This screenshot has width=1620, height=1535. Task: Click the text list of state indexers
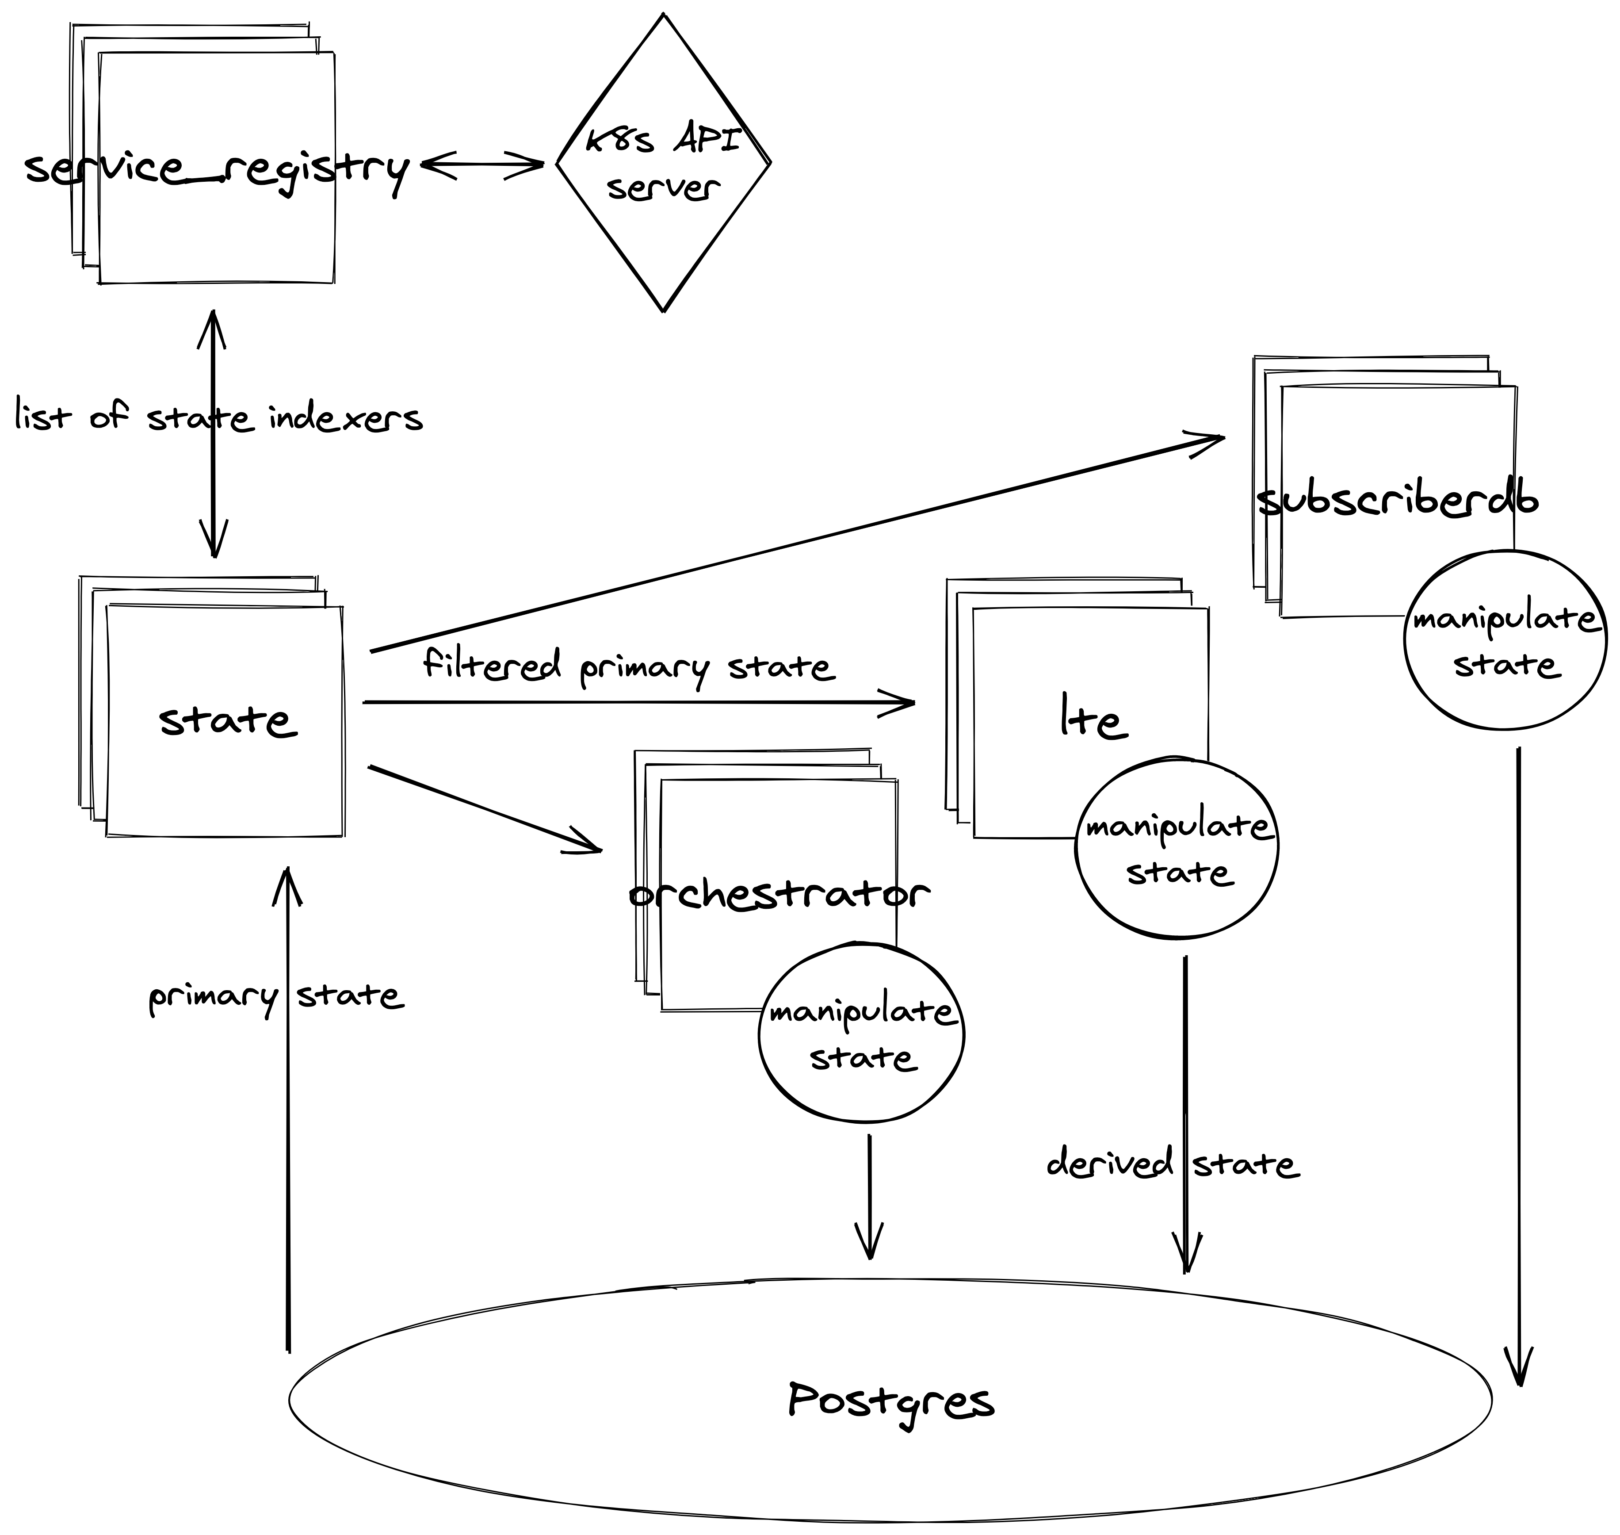coord(218,418)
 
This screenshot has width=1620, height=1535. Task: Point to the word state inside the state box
coord(227,720)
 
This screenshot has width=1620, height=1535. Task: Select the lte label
coord(1093,718)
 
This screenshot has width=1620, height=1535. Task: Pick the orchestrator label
coord(779,893)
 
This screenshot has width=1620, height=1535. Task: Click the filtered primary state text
coord(628,667)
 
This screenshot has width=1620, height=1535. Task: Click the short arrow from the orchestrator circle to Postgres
coord(869,1194)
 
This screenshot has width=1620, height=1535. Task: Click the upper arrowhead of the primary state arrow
coord(287,884)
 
